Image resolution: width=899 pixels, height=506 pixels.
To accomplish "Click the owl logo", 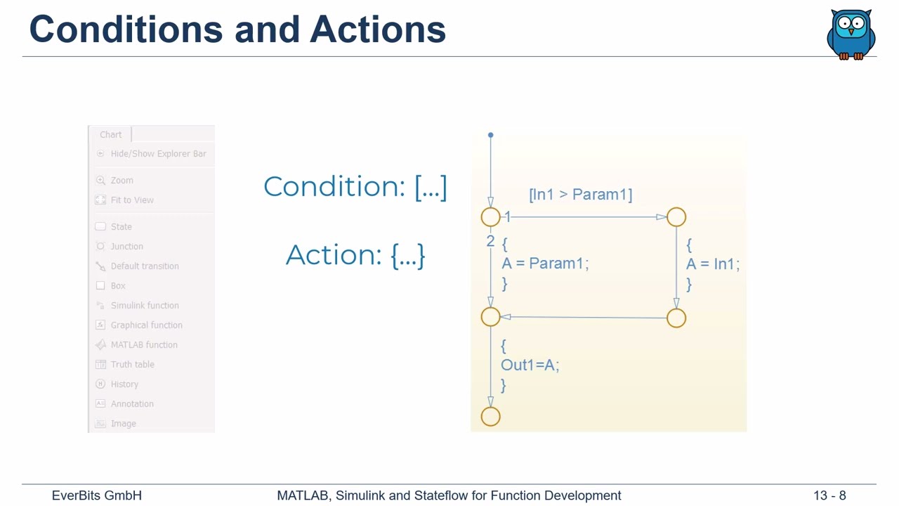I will tap(851, 34).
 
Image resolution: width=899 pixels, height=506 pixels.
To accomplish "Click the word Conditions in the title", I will tap(126, 30).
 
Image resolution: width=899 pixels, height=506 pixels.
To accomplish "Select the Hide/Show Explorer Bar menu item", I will tap(158, 154).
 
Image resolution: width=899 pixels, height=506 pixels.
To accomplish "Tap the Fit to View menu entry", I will tap(132, 200).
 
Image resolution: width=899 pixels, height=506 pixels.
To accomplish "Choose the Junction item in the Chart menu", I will tap(126, 247).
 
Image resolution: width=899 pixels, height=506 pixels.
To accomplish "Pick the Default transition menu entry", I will tap(144, 266).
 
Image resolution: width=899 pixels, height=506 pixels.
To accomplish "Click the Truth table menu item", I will tap(132, 365).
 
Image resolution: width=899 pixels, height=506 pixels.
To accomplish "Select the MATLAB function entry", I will tap(143, 345).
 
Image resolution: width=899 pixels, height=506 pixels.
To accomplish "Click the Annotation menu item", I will tap(131, 404).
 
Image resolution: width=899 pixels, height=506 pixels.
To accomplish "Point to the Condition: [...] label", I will tap(355, 187).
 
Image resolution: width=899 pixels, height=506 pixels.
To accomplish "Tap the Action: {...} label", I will tap(355, 254).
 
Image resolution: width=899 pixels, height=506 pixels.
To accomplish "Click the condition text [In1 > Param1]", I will tap(580, 195).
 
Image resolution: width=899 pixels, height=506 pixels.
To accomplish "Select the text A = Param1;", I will tap(545, 264).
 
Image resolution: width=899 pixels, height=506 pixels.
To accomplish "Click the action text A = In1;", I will tap(712, 264).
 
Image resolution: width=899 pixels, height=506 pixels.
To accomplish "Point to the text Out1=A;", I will tap(530, 365).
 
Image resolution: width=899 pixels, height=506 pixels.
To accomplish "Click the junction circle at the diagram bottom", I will tap(491, 417).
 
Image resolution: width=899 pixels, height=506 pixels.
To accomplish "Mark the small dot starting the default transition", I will tap(491, 135).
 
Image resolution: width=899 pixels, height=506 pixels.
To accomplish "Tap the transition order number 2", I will tap(490, 242).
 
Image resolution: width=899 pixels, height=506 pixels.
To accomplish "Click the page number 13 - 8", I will tap(829, 495).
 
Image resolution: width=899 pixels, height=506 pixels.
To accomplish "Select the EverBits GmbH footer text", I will tap(97, 495).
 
